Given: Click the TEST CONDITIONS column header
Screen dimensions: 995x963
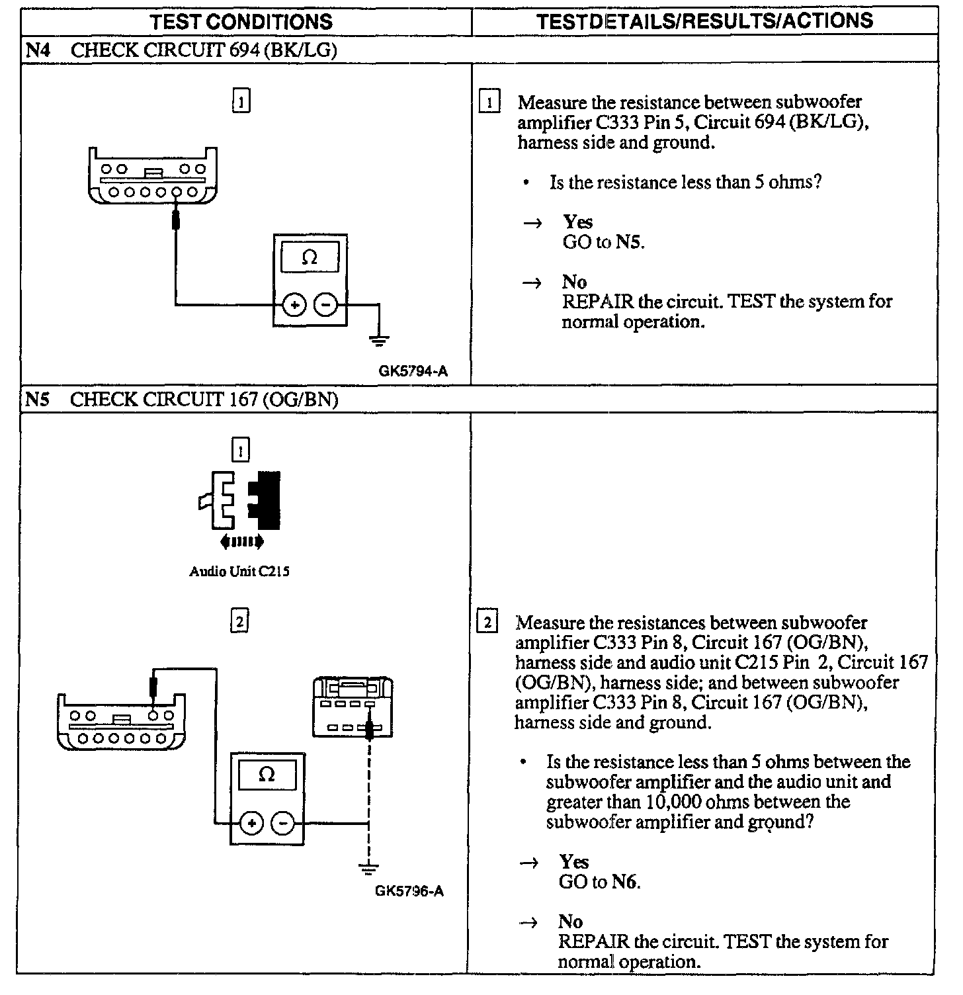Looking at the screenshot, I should [x=241, y=22].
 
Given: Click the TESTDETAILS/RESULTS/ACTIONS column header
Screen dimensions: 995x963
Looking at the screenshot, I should [x=704, y=21].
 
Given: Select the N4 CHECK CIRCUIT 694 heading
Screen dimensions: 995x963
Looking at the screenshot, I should [x=181, y=50].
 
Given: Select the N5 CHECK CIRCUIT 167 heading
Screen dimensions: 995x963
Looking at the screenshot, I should [x=181, y=400].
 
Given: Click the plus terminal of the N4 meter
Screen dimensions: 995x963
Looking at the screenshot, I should [x=294, y=305].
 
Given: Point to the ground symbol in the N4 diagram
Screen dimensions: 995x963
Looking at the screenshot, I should [x=379, y=341].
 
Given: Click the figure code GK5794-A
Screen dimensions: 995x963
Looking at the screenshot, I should [x=413, y=371].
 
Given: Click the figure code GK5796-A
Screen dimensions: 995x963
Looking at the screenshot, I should [x=409, y=891].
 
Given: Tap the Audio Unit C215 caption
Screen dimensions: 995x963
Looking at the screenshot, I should [x=239, y=572].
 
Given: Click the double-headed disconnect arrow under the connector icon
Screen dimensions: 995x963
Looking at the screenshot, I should [x=242, y=542].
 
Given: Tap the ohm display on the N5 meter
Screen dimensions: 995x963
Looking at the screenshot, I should [x=267, y=775].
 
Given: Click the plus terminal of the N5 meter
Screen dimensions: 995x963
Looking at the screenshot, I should [x=251, y=824].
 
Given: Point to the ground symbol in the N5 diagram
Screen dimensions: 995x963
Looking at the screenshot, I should [x=368, y=867].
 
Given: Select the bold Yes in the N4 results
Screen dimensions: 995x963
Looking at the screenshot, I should [x=577, y=222].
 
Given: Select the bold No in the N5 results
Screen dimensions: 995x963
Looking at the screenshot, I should [x=570, y=922].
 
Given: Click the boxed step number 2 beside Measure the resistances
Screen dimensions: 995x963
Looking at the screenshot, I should [x=489, y=623].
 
